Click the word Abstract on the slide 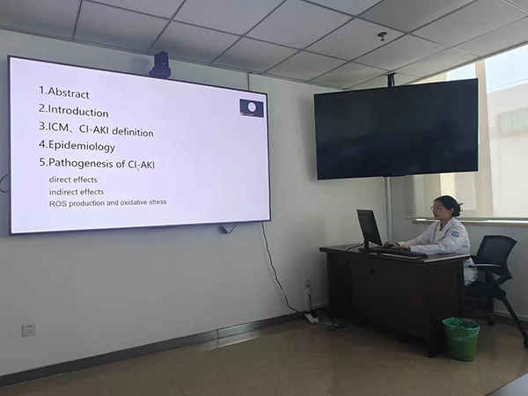pos(69,93)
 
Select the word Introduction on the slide pos(78,112)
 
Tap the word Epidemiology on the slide pos(82,146)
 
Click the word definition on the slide pos(133,132)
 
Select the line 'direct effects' pos(73,180)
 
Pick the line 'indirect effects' pos(77,192)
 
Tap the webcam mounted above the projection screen pos(160,64)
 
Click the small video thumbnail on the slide pos(252,107)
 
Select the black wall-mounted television pos(396,129)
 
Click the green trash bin pos(461,339)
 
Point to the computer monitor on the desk pos(369,229)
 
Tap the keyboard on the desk pos(400,252)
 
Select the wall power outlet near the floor pos(29,330)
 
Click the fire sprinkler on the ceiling pos(382,36)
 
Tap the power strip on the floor pos(312,317)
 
